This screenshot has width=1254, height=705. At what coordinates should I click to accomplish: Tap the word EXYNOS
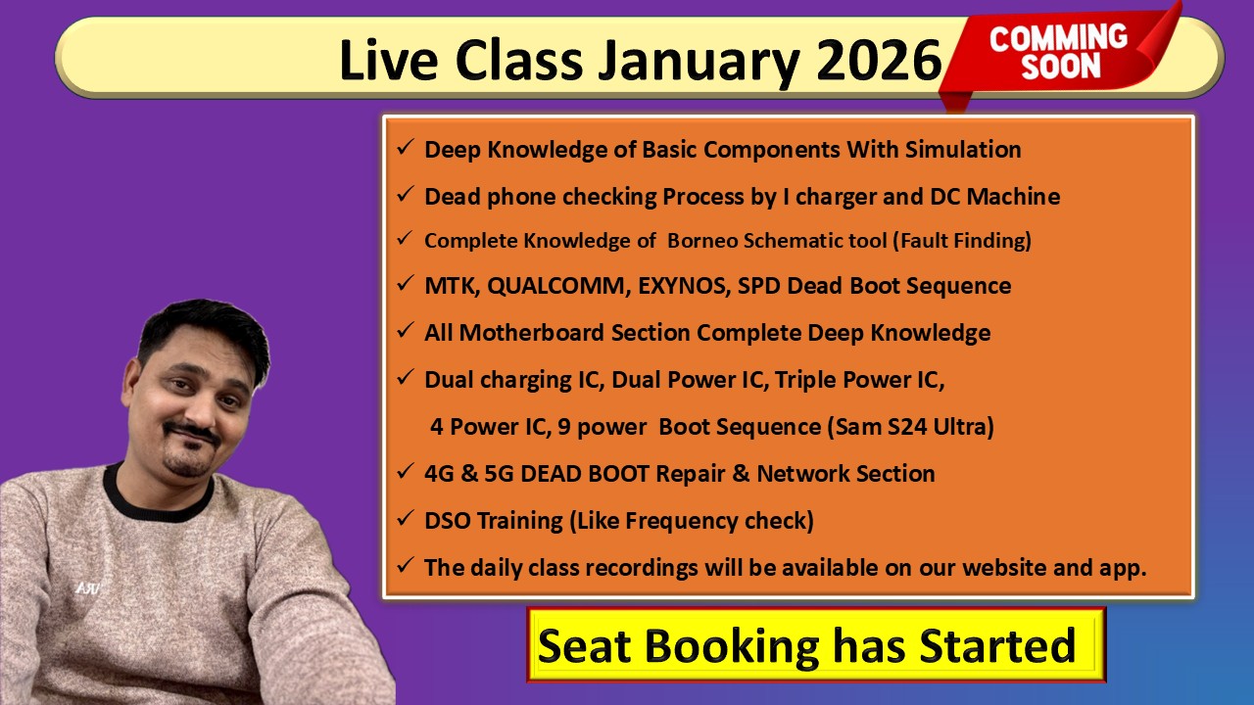click(x=686, y=286)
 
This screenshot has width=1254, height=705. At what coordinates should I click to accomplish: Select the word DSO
click(x=447, y=521)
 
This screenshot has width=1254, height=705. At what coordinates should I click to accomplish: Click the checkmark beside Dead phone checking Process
click(x=405, y=195)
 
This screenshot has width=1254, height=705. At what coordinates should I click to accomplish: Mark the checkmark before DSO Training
click(x=405, y=519)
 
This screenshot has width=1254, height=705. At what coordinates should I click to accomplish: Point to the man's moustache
click(x=190, y=431)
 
